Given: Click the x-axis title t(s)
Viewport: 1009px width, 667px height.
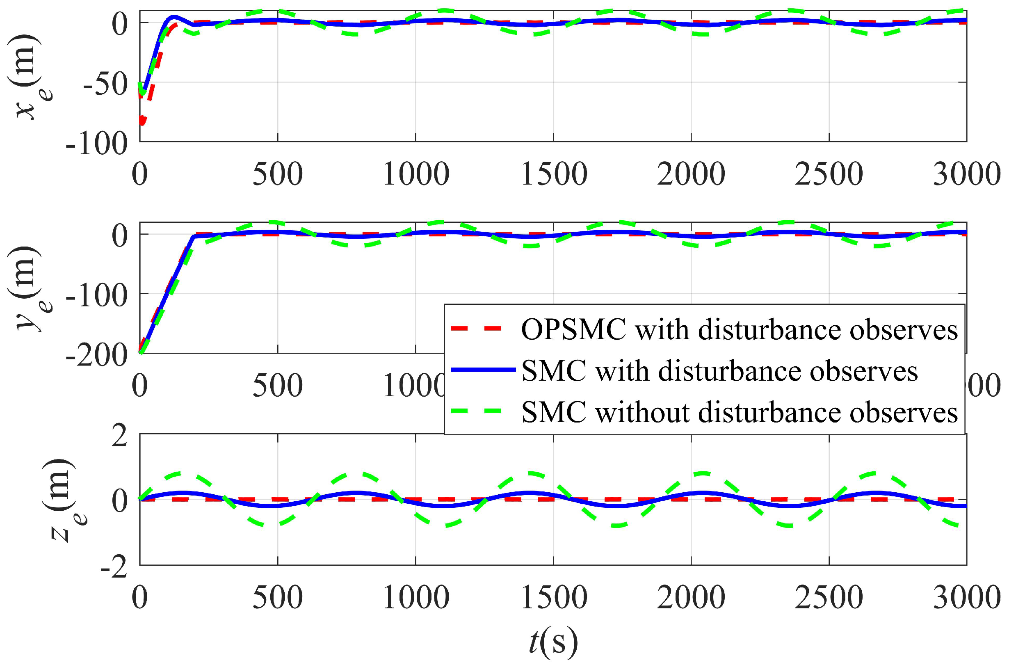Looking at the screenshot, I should pos(553,641).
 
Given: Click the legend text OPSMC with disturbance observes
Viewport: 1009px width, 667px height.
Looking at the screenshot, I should pos(739,329).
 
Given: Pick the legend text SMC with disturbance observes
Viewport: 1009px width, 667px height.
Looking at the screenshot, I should pos(719,371).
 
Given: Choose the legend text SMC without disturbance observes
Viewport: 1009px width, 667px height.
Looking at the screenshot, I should pos(739,412).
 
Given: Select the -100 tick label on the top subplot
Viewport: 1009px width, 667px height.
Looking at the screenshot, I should pos(96,144).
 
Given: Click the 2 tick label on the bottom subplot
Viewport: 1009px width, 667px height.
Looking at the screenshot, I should pos(119,436).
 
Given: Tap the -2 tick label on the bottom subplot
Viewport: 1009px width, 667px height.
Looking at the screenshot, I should pos(114,568).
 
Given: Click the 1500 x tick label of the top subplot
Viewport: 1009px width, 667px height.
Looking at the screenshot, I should pos(554,174).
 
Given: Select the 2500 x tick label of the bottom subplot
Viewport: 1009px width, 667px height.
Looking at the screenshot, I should pos(829,597).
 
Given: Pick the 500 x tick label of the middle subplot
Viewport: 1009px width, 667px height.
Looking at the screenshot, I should pos(278,386).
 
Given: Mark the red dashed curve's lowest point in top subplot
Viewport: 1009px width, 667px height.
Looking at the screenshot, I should pos(142,123).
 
